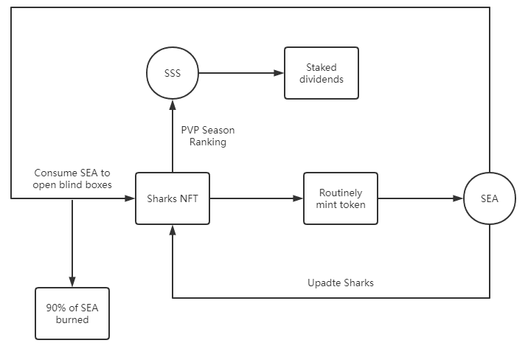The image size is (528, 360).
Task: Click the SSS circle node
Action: pyautogui.click(x=173, y=73)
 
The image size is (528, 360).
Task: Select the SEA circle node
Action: pyautogui.click(x=490, y=198)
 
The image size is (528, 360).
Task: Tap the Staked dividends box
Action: pyautogui.click(x=322, y=73)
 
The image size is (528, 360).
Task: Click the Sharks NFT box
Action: pyautogui.click(x=173, y=198)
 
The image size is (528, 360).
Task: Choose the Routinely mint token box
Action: pyautogui.click(x=341, y=198)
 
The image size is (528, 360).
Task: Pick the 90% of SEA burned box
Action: pyautogui.click(x=72, y=314)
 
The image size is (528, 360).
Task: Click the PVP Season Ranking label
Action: pyautogui.click(x=208, y=136)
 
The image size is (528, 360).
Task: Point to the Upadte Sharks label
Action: pyautogui.click(x=340, y=283)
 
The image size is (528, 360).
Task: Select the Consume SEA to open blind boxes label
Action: pyautogui.click(x=73, y=179)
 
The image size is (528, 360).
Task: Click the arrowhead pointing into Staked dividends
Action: pyautogui.click(x=279, y=73)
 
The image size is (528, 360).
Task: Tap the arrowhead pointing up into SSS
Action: pyautogui.click(x=173, y=104)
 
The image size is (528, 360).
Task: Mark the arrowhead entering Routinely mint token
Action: pyautogui.click(x=299, y=198)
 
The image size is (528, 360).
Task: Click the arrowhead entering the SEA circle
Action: pyautogui.click(x=459, y=198)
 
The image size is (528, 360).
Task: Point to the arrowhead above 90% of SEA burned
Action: pyautogui.click(x=72, y=283)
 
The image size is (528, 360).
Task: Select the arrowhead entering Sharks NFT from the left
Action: pyautogui.click(x=131, y=198)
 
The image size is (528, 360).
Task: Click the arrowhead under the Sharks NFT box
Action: pyautogui.click(x=173, y=229)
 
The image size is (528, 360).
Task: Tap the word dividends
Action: pyautogui.click(x=322, y=79)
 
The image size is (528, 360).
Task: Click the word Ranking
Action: pyautogui.click(x=208, y=142)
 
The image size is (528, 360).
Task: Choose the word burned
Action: pyautogui.click(x=72, y=319)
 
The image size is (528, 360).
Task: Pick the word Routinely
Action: pyautogui.click(x=341, y=193)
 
